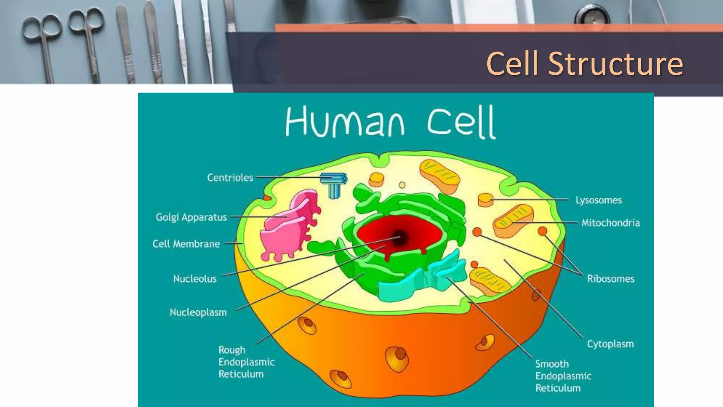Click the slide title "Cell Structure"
coord(584,64)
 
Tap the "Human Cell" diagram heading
coord(390,122)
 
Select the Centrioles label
coord(230,177)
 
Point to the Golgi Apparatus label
coord(191,217)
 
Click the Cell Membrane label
coord(186,244)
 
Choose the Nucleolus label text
coord(195,279)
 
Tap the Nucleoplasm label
coord(198,312)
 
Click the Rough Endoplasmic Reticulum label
coord(246,362)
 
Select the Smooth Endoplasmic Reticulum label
coord(563,376)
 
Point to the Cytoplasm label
coord(610,344)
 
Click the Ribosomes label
coord(610,279)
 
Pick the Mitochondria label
coord(610,223)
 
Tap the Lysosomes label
coord(598,200)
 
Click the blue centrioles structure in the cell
coord(333,184)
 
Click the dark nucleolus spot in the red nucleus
coord(399,238)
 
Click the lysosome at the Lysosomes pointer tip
coord(486,200)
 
